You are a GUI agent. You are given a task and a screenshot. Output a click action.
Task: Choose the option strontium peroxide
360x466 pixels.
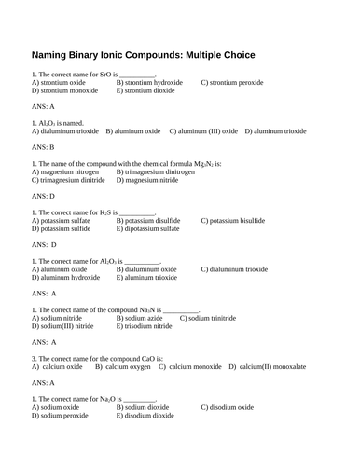235,82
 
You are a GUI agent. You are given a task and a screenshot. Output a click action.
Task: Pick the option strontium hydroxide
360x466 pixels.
147,82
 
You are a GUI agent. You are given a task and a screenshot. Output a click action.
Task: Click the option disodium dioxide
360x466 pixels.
149,416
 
